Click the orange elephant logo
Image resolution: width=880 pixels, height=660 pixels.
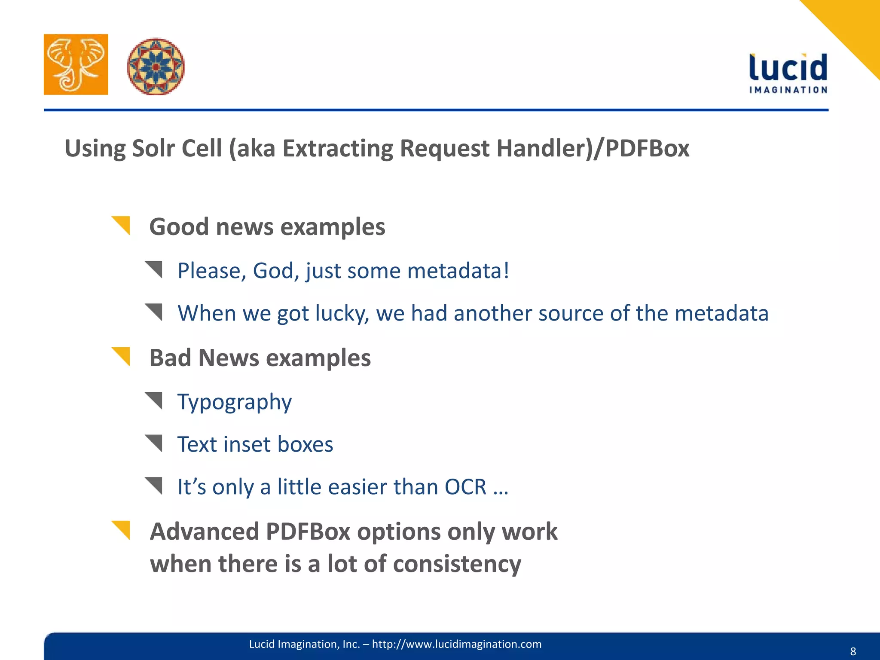coord(76,64)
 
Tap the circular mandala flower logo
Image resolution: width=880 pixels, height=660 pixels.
coord(156,67)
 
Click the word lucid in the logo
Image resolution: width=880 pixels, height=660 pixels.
coord(788,68)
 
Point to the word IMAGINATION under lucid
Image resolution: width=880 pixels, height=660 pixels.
coord(788,90)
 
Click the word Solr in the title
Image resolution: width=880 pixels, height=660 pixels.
coord(153,149)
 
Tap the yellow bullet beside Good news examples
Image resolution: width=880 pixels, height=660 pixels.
coord(122,225)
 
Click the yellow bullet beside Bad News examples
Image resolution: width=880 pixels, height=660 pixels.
coord(122,356)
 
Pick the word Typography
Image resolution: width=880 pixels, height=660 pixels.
coord(235,402)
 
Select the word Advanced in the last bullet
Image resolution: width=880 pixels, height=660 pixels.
coord(204,532)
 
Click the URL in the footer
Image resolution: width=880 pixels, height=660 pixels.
coord(456,644)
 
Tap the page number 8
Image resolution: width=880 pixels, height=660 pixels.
coord(853,651)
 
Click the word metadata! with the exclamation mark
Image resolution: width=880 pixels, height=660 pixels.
coord(458,271)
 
